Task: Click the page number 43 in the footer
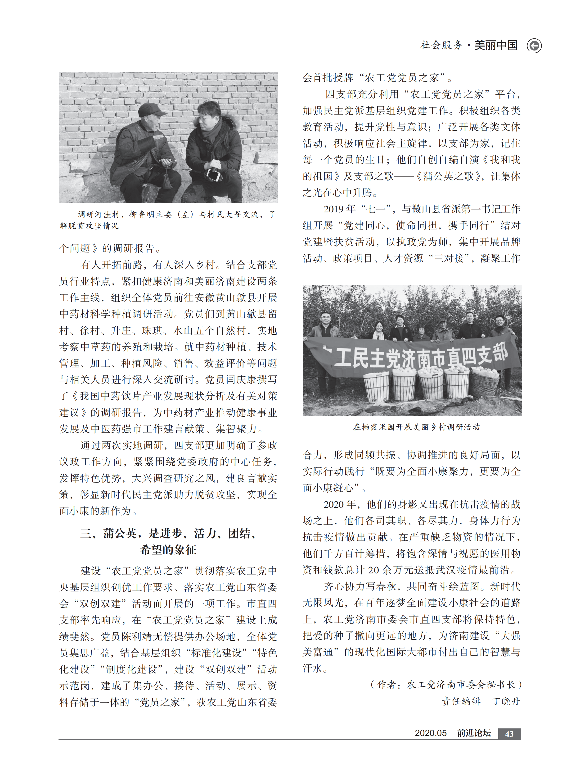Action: pos(509,734)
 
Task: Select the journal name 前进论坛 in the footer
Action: pos(474,733)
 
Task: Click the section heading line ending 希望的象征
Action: pos(168,550)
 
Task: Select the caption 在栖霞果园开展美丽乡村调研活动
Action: pos(416,427)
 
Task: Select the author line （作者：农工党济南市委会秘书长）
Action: pos(446,685)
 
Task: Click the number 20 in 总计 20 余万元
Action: pos(373,570)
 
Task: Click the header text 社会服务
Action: pos(441,45)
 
